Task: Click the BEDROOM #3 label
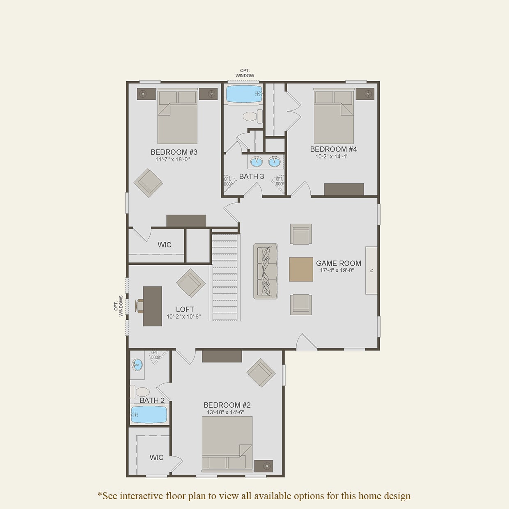pos(174,152)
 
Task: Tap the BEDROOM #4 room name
pos(333,149)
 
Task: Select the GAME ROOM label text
pos(339,263)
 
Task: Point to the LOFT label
pos(185,310)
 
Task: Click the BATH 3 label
pos(251,177)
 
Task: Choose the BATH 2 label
pos(152,400)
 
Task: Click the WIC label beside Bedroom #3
pos(164,245)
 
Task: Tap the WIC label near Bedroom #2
pos(156,457)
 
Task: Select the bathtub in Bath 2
pos(149,415)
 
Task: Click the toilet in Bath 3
pos(252,116)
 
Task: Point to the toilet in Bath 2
pos(140,392)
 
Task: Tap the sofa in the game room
pos(265,271)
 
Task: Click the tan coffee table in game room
pos(301,269)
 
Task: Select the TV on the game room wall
pos(371,270)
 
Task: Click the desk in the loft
pos(152,306)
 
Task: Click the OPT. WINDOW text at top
pos(245,73)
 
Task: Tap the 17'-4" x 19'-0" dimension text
pos(337,271)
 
